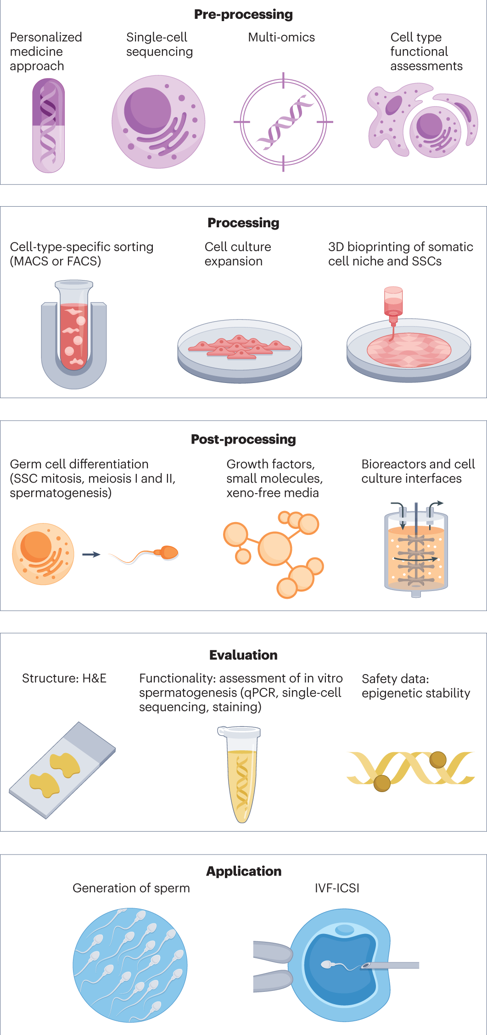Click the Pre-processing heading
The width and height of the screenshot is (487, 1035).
coord(243,15)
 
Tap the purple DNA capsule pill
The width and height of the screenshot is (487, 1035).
coord(48,125)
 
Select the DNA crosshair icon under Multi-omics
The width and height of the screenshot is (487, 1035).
coord(283,122)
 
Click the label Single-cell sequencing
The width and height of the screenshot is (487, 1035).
coord(159,45)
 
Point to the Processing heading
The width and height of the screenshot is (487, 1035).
coord(243,223)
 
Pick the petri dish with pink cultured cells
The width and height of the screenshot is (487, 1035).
coord(240,351)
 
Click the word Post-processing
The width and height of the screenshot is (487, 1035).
coord(243,439)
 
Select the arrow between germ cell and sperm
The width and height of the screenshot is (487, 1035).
coord(91,554)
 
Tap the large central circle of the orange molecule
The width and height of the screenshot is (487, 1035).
coord(274,548)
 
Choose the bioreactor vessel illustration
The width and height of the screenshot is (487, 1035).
coord(416,549)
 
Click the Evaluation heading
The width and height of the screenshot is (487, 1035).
coord(243,655)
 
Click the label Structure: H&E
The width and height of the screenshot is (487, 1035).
coord(64,678)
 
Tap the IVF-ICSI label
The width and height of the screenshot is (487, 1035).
coord(337,888)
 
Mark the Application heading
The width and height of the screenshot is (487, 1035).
coord(243,871)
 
